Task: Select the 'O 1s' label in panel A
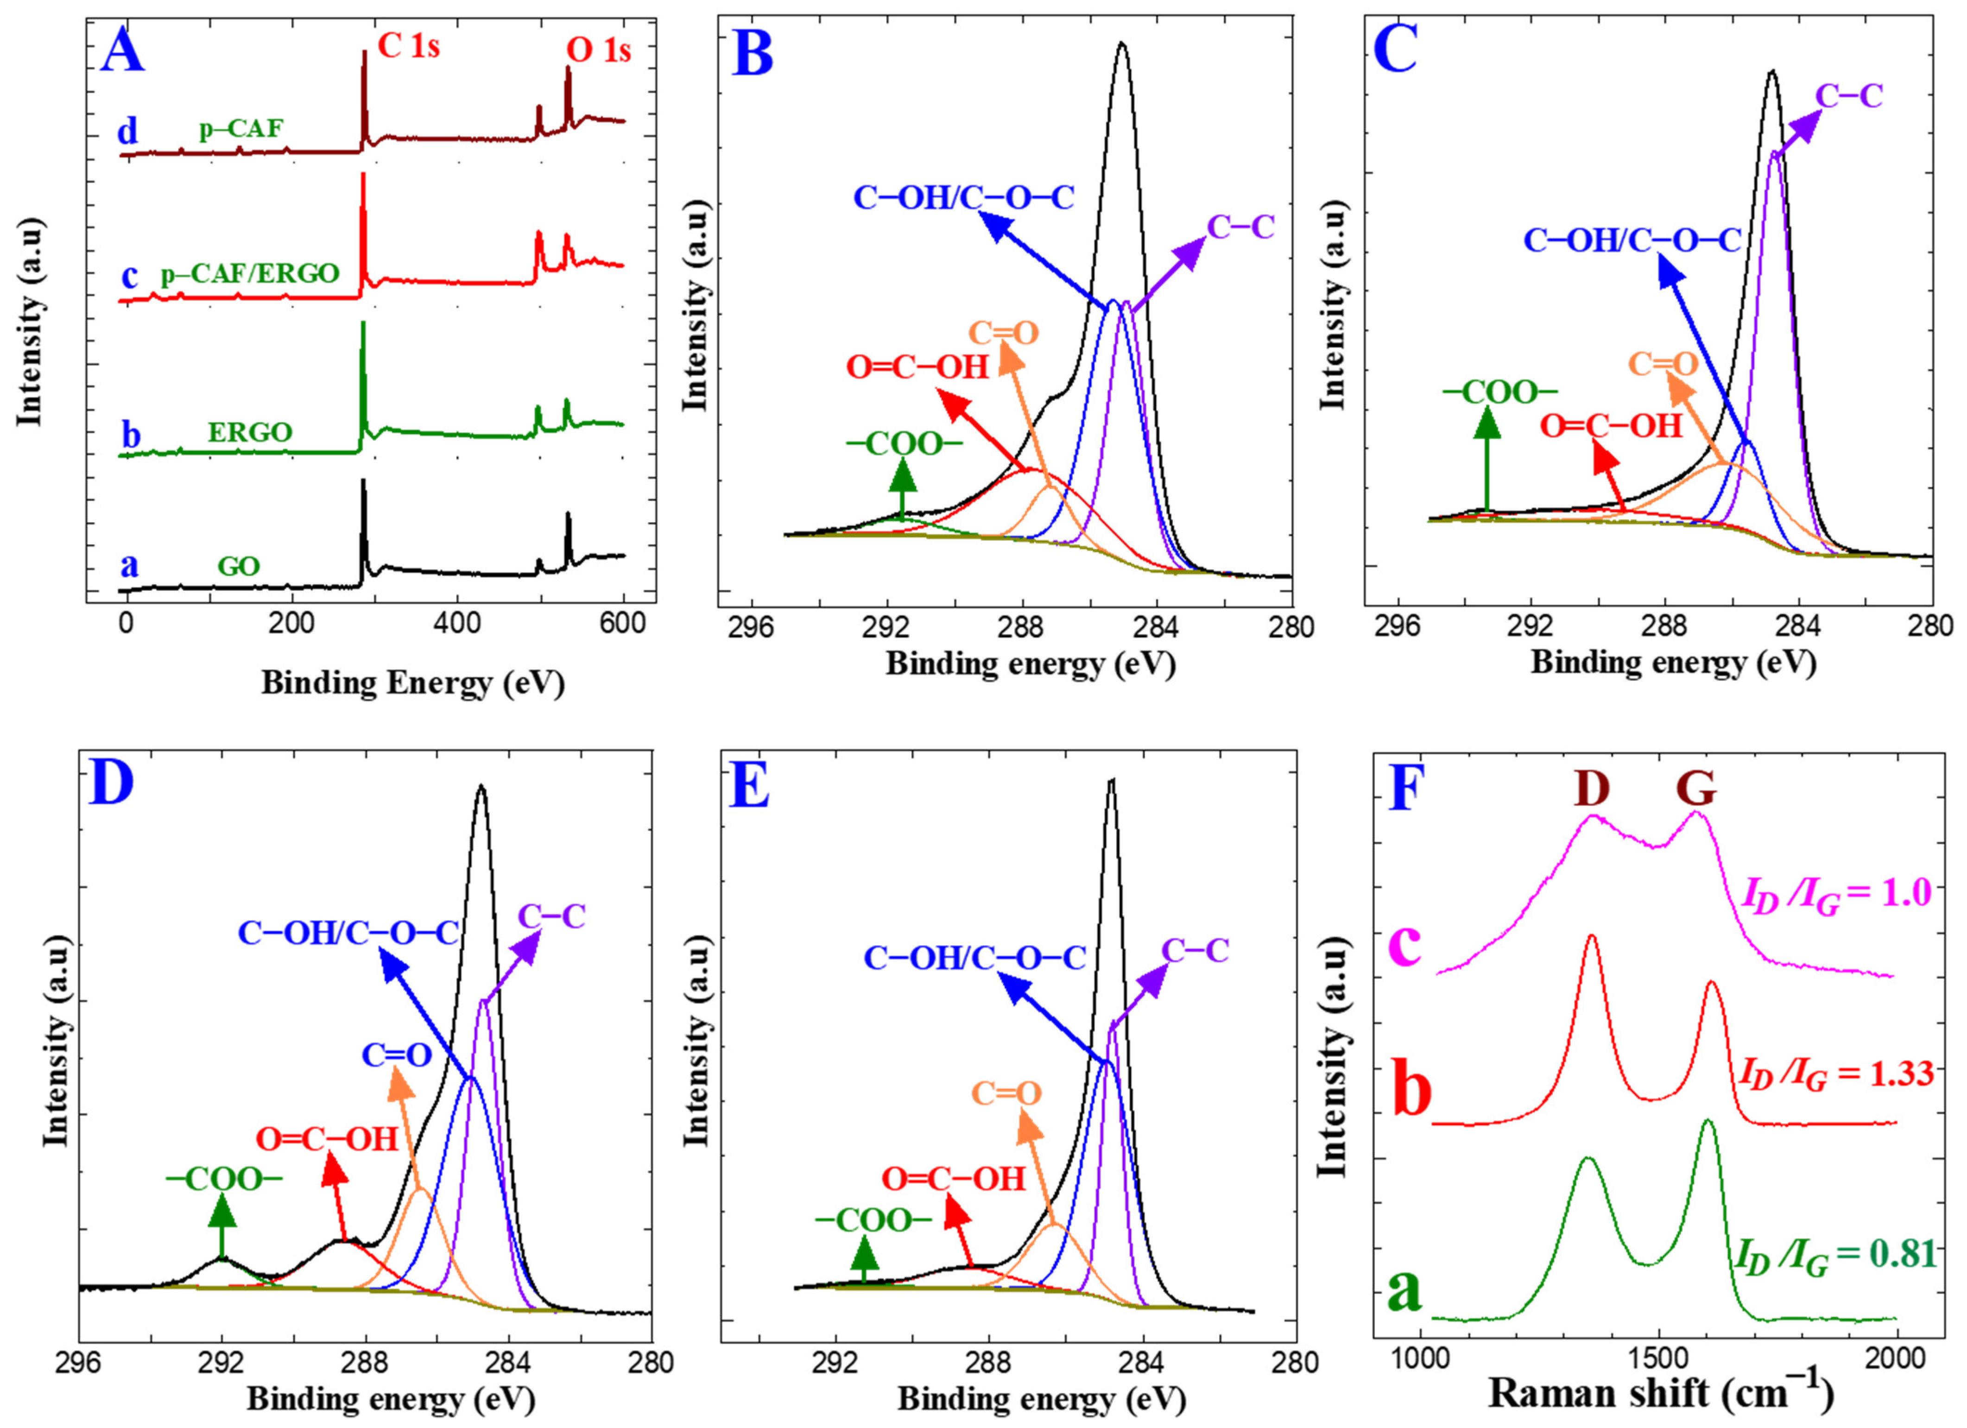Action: [x=598, y=51]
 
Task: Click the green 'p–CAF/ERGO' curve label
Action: [x=250, y=274]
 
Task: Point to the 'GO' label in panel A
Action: [x=239, y=567]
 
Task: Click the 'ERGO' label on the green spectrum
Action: [x=250, y=432]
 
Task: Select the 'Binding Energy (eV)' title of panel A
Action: [x=413, y=683]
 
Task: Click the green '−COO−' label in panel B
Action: [x=904, y=445]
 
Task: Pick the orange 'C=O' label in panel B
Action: [x=1004, y=333]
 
